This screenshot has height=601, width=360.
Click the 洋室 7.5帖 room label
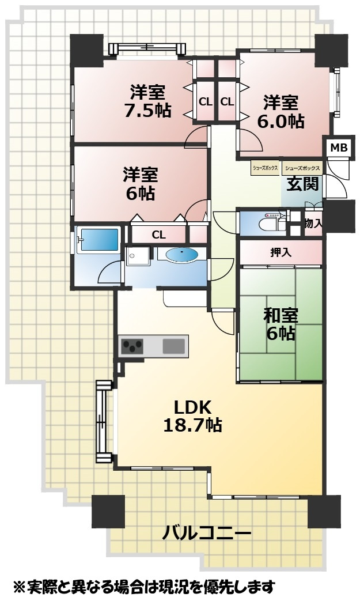tap(147, 101)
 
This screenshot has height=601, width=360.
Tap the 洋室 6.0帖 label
tap(281, 112)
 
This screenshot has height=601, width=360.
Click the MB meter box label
tap(339, 147)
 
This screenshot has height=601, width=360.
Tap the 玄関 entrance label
tap(303, 184)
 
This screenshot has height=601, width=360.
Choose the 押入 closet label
tap(281, 252)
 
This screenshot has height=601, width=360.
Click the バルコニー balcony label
tap(207, 533)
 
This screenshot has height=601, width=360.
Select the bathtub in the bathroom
tap(99, 240)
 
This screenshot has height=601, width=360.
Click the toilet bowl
tap(272, 224)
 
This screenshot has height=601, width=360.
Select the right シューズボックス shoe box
tap(302, 168)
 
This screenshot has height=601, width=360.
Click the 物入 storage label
tap(313, 224)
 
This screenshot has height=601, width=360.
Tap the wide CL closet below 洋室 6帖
tap(158, 235)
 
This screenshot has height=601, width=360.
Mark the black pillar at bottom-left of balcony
tap(108, 511)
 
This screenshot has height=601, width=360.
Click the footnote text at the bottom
tap(144, 587)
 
